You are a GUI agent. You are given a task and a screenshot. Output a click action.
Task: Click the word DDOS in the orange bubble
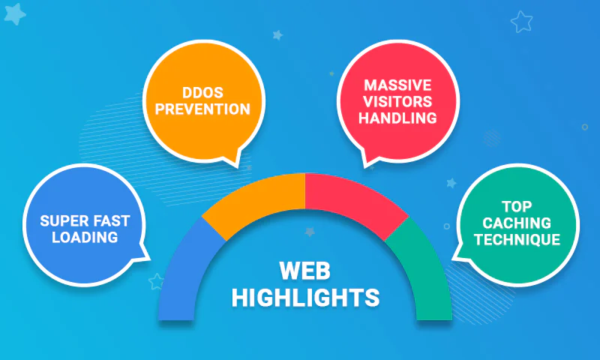tap(202, 92)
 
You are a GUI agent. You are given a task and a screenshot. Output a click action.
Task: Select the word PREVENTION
tap(202, 109)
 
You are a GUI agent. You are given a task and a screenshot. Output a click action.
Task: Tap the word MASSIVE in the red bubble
tap(398, 85)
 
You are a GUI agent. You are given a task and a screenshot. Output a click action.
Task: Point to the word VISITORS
tap(398, 101)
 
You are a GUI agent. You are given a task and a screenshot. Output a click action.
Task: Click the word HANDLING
tap(398, 118)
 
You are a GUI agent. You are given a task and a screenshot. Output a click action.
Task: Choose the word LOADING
tap(85, 238)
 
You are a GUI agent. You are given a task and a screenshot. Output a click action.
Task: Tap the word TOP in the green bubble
tap(517, 207)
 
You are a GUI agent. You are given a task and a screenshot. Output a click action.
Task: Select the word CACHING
tap(517, 223)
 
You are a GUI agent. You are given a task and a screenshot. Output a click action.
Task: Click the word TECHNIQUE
tap(517, 240)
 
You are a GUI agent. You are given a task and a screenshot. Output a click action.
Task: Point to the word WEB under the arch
tap(305, 271)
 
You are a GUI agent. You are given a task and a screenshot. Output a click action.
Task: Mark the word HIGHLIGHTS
tap(305, 298)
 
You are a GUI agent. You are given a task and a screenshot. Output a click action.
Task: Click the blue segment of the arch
tap(184, 275)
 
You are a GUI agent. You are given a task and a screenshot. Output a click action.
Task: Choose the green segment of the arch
tap(427, 275)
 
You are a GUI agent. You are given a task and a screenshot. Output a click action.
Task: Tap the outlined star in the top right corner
tap(521, 22)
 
